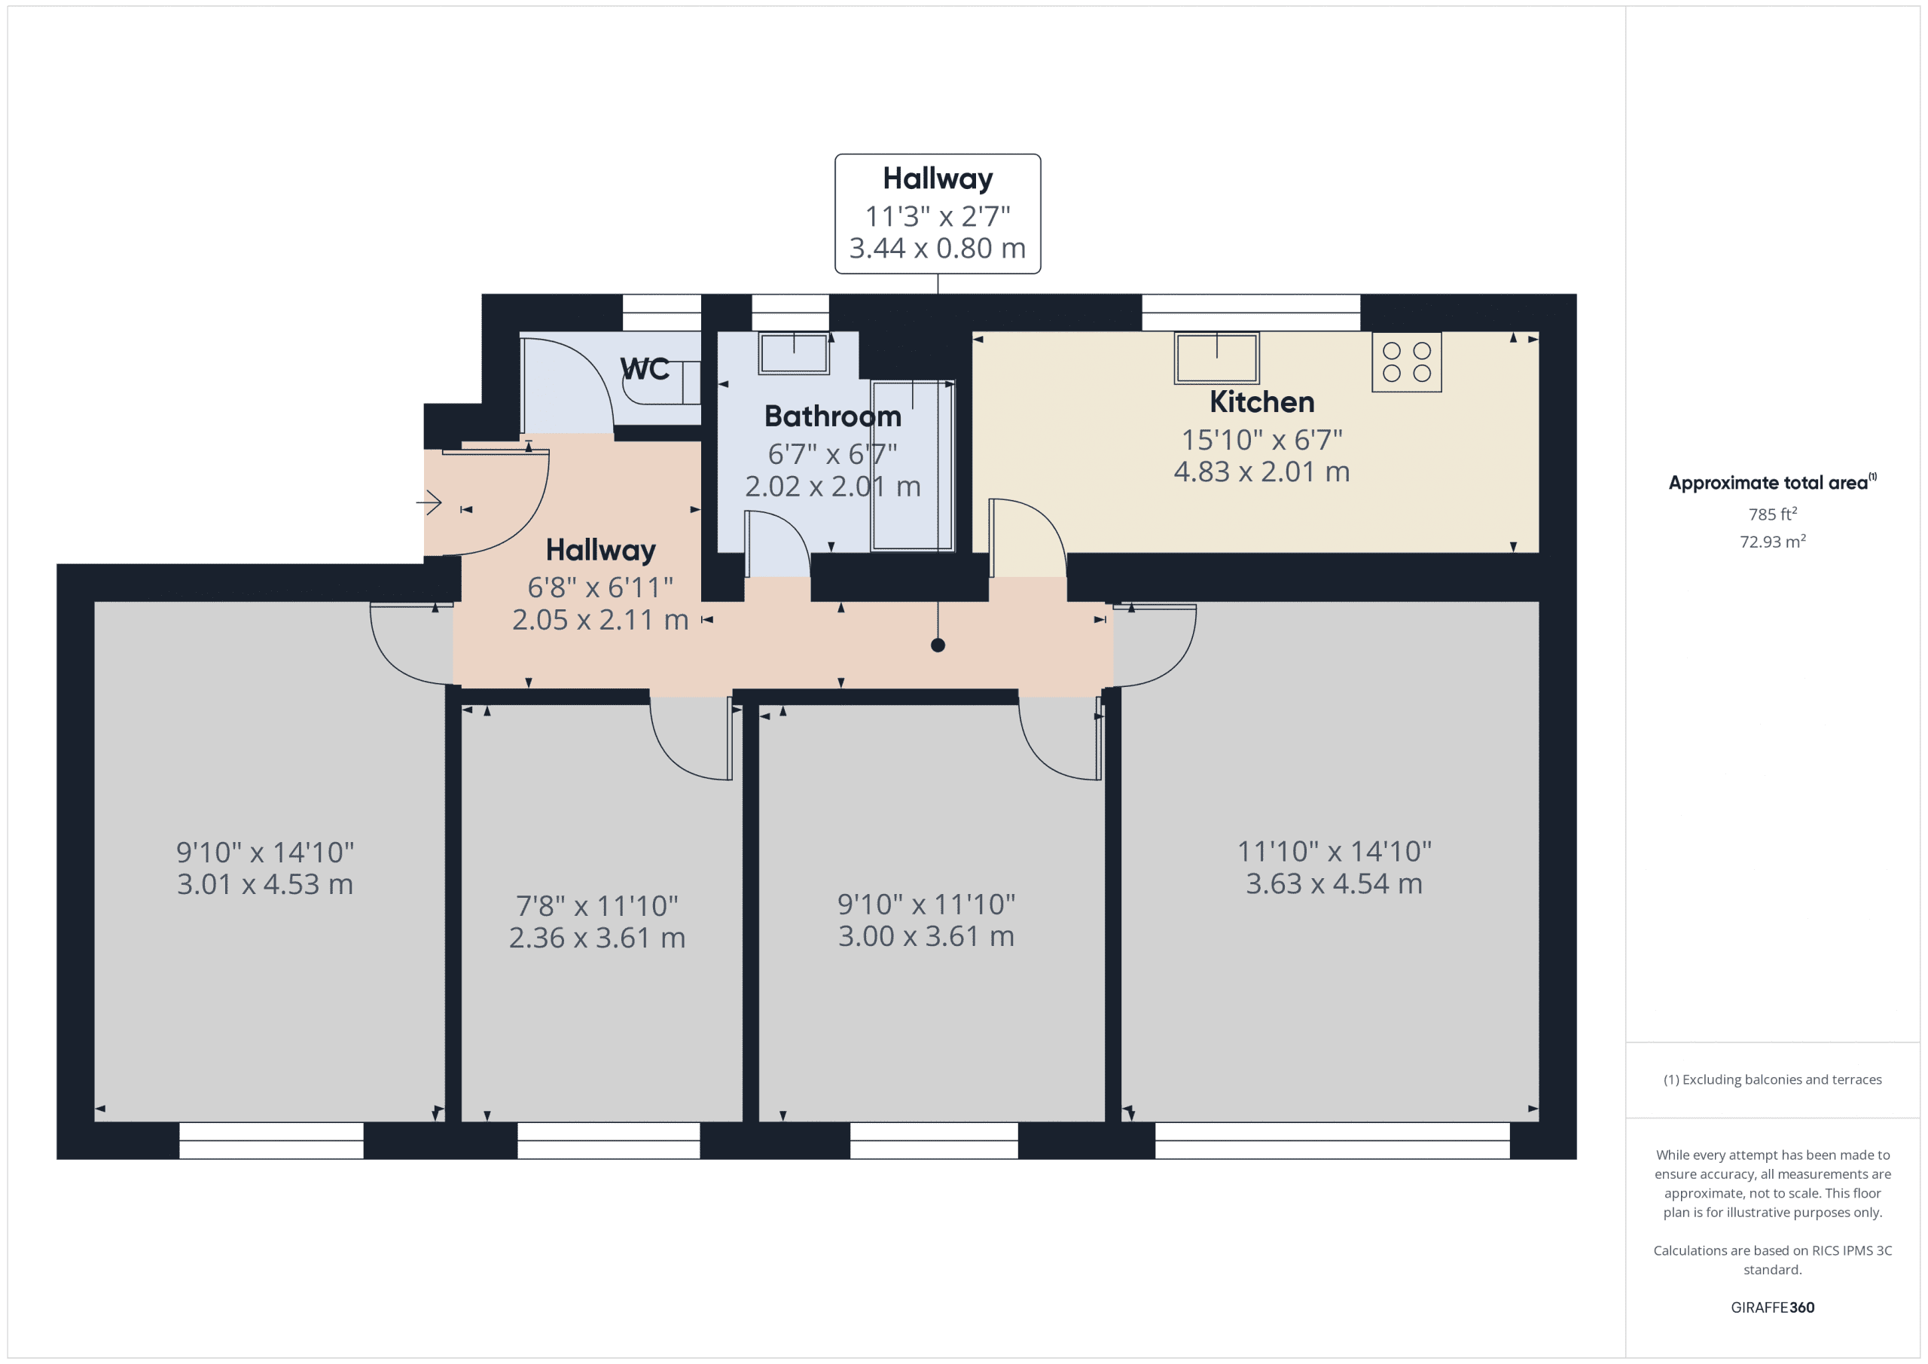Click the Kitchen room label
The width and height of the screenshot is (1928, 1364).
(1261, 402)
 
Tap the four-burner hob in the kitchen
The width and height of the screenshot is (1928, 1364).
(1407, 362)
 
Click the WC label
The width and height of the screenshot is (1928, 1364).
(644, 369)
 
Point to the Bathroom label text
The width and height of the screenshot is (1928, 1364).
(832, 417)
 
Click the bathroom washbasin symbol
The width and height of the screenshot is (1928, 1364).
(794, 352)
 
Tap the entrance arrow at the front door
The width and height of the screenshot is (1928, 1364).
(429, 503)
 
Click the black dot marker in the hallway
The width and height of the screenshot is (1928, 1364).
(938, 645)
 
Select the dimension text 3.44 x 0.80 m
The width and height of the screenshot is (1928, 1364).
(937, 249)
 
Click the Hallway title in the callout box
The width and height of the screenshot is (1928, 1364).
(937, 179)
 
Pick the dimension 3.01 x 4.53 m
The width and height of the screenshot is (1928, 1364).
(264, 884)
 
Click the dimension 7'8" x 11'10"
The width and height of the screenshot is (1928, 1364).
(596, 906)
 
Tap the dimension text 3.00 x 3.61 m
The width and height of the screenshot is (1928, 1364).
(926, 936)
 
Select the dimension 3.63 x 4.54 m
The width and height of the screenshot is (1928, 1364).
(1334, 883)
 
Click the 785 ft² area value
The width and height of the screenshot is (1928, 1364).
(1772, 514)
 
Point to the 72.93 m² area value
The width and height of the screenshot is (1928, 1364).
(1772, 542)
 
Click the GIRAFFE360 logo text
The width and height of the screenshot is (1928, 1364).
(1772, 1308)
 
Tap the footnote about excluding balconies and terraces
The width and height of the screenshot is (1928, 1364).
(1772, 1079)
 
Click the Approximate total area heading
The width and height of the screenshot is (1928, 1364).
(1770, 483)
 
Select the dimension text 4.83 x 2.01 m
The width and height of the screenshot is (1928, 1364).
(1261, 472)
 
